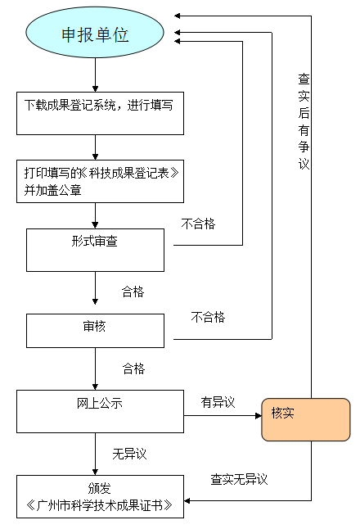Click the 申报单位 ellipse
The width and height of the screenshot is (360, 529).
click(96, 35)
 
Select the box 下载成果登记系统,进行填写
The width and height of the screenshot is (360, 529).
click(100, 113)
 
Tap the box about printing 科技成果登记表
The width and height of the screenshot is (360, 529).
click(100, 181)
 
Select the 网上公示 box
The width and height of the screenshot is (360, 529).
click(100, 411)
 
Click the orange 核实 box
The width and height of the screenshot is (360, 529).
click(305, 419)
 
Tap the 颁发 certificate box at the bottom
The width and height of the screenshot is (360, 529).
click(100, 496)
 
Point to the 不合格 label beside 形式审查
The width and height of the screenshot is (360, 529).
click(198, 224)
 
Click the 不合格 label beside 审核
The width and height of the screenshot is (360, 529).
click(208, 317)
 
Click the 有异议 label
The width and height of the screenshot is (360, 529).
click(218, 402)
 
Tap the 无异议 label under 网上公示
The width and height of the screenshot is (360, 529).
click(129, 453)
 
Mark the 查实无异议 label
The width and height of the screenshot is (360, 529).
click(239, 479)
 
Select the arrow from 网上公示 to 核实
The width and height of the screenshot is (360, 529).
click(222, 416)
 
